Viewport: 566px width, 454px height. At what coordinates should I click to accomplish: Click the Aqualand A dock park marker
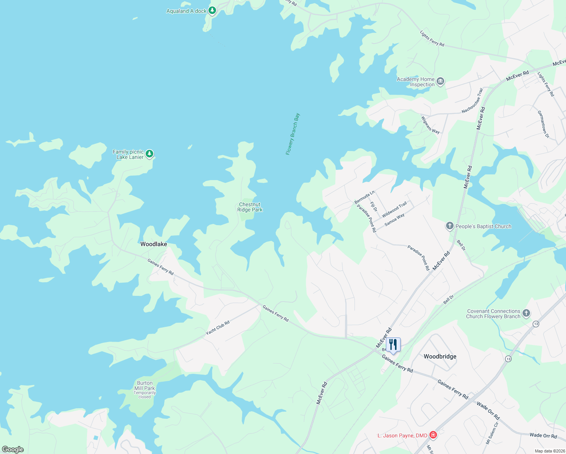pos(212,10)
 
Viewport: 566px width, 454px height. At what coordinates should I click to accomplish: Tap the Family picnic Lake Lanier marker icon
pos(150,154)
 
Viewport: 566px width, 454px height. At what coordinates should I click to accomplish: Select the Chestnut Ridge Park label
pos(250,207)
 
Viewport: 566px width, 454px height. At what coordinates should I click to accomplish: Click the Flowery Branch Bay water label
pos(292,134)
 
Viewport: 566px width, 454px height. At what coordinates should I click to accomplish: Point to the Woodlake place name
pos(154,244)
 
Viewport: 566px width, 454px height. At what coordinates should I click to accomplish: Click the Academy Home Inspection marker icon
pos(440,81)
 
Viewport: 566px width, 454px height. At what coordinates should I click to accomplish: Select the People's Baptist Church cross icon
pos(449,226)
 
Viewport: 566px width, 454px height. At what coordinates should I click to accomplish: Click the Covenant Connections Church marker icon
pos(526,313)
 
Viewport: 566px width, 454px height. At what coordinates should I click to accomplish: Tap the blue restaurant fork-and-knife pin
pos(393,345)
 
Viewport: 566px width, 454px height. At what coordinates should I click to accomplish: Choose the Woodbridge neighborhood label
pos(440,356)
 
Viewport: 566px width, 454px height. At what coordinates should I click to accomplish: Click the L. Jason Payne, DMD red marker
pos(433,435)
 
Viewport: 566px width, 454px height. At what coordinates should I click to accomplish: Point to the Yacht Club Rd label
pos(218,328)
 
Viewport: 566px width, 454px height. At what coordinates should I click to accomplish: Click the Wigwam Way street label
pos(431,125)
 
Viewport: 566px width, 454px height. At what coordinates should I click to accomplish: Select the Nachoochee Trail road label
pos(473,101)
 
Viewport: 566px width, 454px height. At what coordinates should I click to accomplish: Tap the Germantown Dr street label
pos(543,124)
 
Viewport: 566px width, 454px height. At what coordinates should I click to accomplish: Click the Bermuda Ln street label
pos(364,197)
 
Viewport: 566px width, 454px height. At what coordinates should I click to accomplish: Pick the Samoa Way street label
pos(395,220)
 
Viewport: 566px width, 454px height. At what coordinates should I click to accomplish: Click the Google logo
pos(12,449)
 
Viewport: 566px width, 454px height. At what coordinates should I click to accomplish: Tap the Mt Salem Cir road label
pos(492,433)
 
